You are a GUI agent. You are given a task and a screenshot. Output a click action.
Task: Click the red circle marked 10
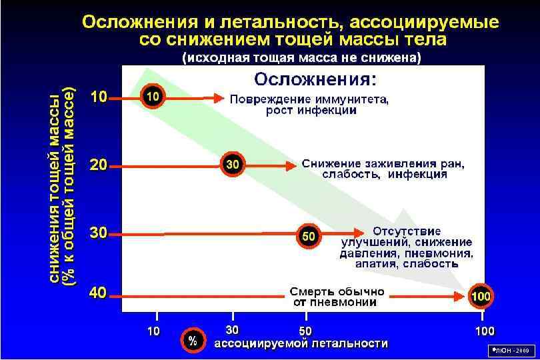[152, 97]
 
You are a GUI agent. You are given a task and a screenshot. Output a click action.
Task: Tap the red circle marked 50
[309, 235]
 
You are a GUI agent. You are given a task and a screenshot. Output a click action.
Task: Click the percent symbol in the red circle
[193, 341]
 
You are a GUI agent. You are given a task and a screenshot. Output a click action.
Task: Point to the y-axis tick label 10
[99, 97]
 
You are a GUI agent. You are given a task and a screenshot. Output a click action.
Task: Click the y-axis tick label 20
[99, 165]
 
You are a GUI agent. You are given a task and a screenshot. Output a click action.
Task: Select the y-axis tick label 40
[99, 293]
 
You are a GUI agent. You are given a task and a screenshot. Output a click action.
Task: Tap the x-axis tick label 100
[484, 331]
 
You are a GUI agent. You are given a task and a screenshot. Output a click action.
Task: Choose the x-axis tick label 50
[305, 331]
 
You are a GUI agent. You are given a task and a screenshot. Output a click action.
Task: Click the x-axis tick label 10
[153, 331]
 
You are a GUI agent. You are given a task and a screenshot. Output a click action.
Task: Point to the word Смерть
[314, 291]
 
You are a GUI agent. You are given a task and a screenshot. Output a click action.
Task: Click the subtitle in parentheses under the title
[301, 58]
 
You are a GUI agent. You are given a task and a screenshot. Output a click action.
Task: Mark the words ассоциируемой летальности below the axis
[300, 344]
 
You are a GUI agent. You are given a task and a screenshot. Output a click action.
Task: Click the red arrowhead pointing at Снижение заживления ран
[291, 165]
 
